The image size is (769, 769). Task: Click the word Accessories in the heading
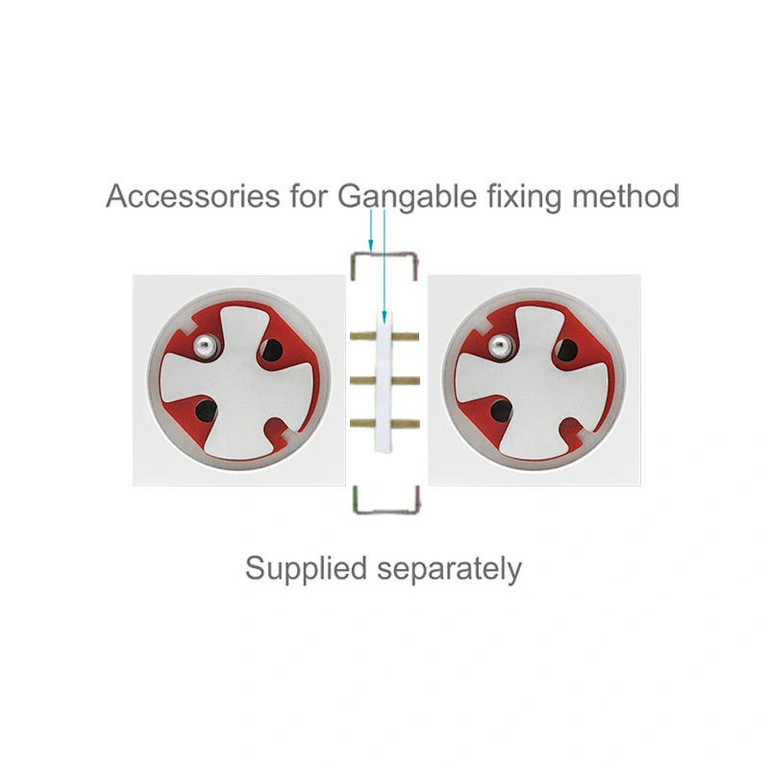193,196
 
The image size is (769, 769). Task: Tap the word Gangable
407,197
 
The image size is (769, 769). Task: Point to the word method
626,196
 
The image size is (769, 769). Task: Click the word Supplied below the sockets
306,569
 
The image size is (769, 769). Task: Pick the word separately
449,570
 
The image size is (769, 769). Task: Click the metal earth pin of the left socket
205,346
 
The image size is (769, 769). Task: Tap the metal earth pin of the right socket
500,346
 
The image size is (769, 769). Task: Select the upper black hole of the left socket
272,349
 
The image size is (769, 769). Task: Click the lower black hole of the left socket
206,410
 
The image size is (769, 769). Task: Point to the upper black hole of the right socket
567,349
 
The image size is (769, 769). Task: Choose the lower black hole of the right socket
501,410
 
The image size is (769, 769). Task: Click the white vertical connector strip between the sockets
384,381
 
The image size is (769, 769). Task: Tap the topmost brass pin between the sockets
384,336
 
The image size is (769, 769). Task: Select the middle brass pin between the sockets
384,380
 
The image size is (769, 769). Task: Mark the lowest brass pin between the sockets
384,423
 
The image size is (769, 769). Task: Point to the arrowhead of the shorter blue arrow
371,245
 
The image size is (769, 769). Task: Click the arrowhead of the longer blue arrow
384,318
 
